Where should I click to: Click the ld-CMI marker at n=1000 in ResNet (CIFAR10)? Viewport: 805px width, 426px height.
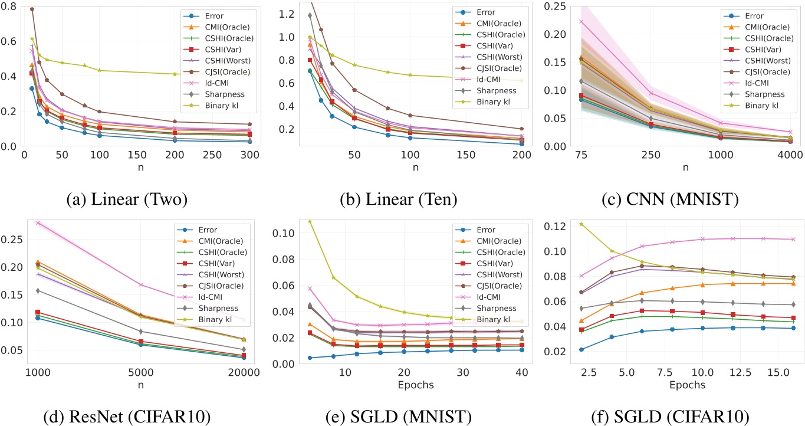(x=38, y=223)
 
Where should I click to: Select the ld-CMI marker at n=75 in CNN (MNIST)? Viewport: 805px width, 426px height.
(x=581, y=22)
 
